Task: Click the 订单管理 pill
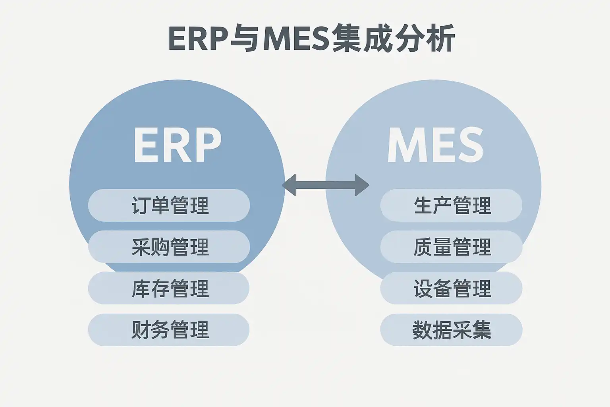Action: pyautogui.click(x=169, y=205)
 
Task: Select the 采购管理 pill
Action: pyautogui.click(x=169, y=247)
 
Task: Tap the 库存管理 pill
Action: pyautogui.click(x=169, y=288)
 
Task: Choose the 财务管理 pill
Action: pyautogui.click(x=169, y=330)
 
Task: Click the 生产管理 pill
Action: pyautogui.click(x=451, y=205)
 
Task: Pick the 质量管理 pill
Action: pyautogui.click(x=451, y=247)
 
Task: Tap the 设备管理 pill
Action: pyautogui.click(x=451, y=288)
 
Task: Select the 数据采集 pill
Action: pyautogui.click(x=451, y=330)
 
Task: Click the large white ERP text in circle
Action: pyautogui.click(x=177, y=145)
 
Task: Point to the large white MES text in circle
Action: pyautogui.click(x=435, y=145)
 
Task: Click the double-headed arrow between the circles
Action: pyautogui.click(x=326, y=185)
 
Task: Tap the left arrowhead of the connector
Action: pyautogui.click(x=289, y=185)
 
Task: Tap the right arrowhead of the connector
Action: pyautogui.click(x=362, y=185)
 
